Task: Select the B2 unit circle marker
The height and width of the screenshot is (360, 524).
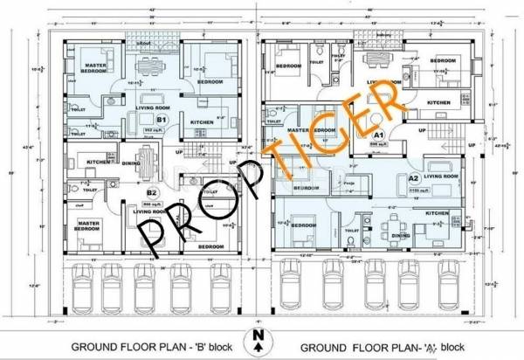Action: (152, 191)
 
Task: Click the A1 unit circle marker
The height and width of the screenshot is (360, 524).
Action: (379, 136)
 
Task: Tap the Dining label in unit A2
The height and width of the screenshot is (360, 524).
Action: (402, 236)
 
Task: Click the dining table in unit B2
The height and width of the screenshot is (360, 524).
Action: (147, 163)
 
